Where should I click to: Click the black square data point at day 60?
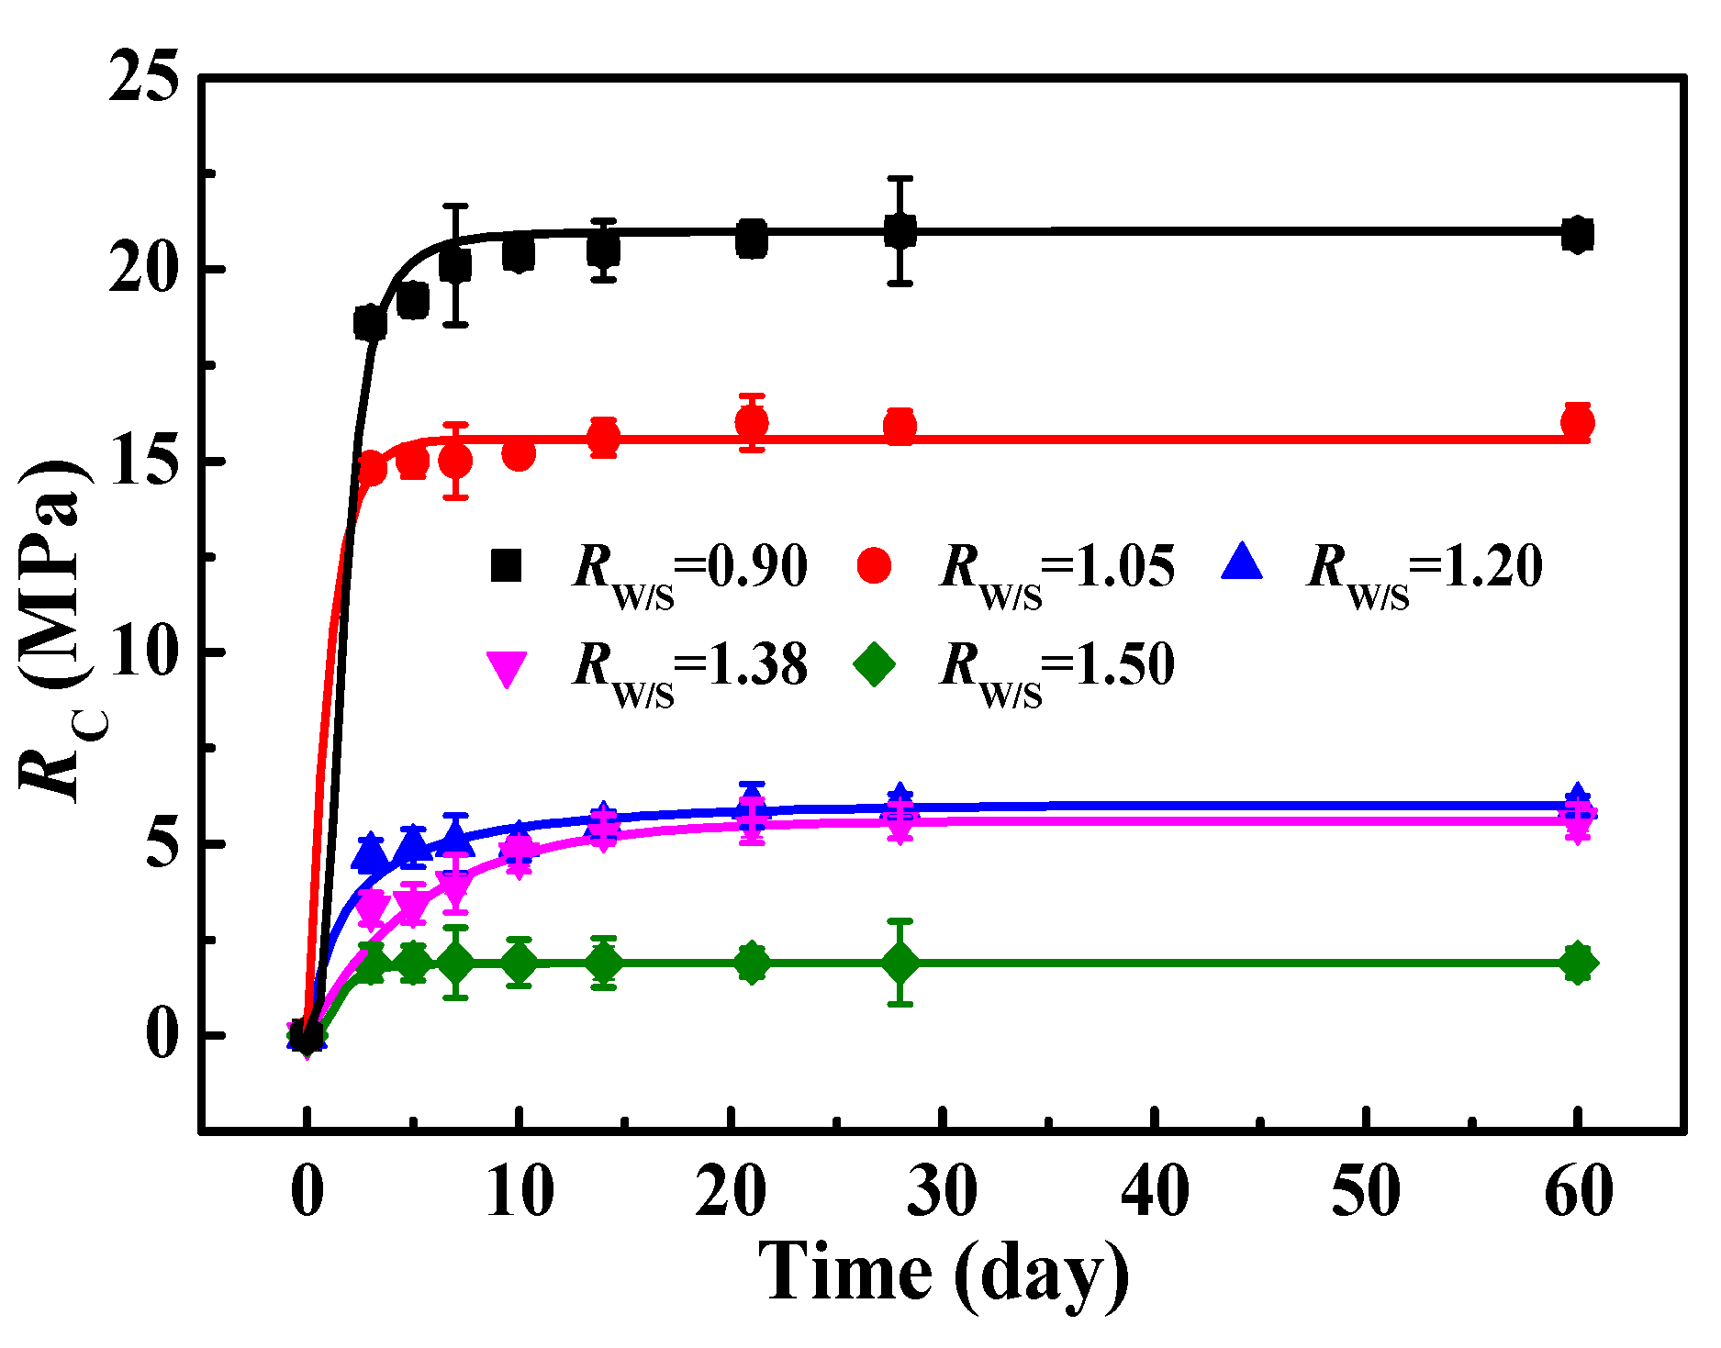(1577, 235)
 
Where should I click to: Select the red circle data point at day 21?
(752, 423)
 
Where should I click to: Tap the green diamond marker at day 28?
(900, 963)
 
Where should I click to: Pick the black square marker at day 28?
(900, 231)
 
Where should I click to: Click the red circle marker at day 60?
(1577, 423)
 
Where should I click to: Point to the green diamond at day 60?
(1577, 963)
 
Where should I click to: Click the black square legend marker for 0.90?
(506, 565)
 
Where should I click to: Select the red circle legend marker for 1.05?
(874, 565)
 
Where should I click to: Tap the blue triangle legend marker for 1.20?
(1242, 563)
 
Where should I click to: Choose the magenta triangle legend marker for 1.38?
(506, 668)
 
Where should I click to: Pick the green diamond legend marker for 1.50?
(874, 664)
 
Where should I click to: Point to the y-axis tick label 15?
(143, 461)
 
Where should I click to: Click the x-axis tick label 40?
(1155, 1192)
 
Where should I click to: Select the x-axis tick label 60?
(1578, 1192)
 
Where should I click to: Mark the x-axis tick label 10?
(520, 1192)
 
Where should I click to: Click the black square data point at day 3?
(371, 323)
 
